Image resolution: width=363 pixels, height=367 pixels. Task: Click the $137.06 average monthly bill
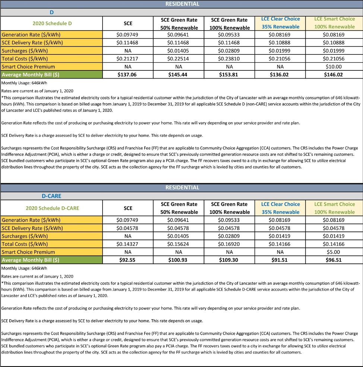[x=127, y=75]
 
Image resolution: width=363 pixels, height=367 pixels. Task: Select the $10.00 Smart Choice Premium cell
[x=329, y=66]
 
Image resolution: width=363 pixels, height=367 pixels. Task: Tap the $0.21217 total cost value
[x=127, y=58]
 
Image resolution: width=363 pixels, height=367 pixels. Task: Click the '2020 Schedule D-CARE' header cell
[x=52, y=208]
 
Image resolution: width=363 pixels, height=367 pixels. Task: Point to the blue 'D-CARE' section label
[x=51, y=196]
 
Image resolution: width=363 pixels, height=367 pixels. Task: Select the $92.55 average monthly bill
[x=127, y=260]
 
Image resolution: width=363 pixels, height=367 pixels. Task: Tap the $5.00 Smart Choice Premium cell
[x=329, y=252]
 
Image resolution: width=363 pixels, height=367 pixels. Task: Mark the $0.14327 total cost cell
[x=127, y=244]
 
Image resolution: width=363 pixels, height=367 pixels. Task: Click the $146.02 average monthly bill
[x=329, y=75]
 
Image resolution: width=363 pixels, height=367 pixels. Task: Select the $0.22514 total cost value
[x=179, y=58]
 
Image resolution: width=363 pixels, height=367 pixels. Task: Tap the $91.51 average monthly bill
[x=280, y=260]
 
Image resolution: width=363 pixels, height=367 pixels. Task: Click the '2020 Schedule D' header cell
[x=52, y=23]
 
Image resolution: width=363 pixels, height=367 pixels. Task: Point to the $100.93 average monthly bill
[x=179, y=260]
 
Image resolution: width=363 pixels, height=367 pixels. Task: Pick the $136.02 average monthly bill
[x=280, y=75]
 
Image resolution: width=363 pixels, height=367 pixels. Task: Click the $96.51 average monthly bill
[x=329, y=260]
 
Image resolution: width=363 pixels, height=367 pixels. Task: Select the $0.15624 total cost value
[x=179, y=244]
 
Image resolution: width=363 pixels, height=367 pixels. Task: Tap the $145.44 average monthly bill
[x=179, y=75]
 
